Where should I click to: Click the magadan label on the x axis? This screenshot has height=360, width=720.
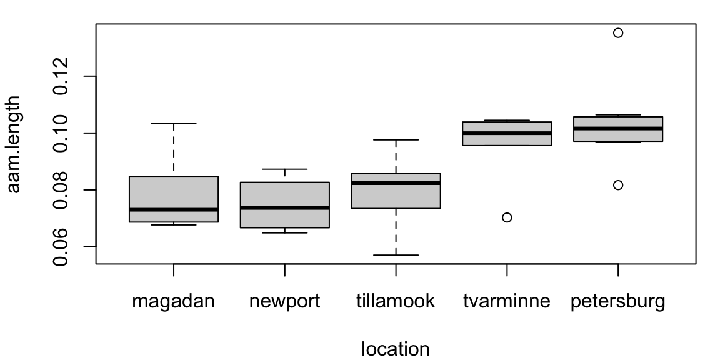point(173,302)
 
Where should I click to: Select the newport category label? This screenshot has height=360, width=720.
point(284,302)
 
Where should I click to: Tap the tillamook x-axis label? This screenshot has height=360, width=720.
point(396,302)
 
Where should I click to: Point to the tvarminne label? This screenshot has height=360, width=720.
point(507,302)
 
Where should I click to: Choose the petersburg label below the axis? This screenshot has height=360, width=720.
point(617,302)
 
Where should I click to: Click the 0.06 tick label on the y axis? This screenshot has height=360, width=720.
point(61,247)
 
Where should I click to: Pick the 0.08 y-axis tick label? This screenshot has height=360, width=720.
point(61,190)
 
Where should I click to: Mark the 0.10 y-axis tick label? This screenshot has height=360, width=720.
point(61,133)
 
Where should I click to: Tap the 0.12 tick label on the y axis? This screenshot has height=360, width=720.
point(61,76)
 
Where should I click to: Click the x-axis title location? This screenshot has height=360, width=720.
point(396,348)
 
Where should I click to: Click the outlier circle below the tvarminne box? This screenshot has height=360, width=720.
point(507,217)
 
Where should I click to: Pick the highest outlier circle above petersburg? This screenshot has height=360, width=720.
point(618,33)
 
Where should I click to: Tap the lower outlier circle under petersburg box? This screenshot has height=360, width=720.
point(618,185)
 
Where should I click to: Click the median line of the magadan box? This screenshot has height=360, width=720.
point(173,210)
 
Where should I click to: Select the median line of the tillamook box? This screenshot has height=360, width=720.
point(396,182)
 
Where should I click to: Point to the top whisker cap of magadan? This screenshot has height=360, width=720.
point(173,124)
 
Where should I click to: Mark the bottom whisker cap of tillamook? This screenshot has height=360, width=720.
point(396,255)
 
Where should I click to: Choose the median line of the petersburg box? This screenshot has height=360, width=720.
point(618,128)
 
